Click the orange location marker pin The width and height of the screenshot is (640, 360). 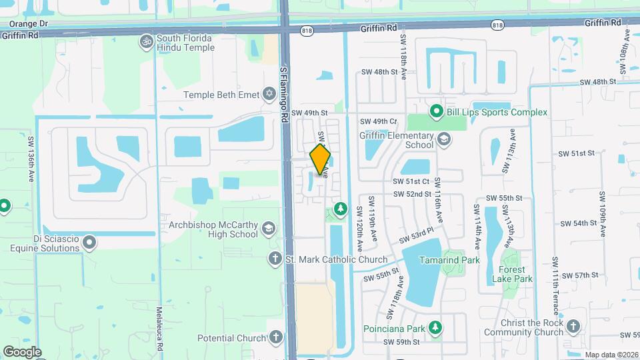tap(321, 159)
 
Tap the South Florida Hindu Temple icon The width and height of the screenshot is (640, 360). tap(146, 42)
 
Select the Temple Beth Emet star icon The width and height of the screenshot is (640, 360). tap(269, 95)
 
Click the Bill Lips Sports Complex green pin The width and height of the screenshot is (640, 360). tap(436, 111)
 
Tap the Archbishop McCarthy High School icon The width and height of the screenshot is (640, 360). tap(269, 229)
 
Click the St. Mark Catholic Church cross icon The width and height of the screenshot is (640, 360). tap(275, 259)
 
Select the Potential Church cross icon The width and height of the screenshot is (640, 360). tap(275, 338)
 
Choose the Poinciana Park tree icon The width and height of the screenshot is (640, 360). tap(436, 327)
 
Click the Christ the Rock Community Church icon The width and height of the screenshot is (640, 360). tap(575, 327)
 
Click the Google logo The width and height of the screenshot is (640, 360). tap(22, 351)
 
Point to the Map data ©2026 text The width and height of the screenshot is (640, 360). tap(611, 355)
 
